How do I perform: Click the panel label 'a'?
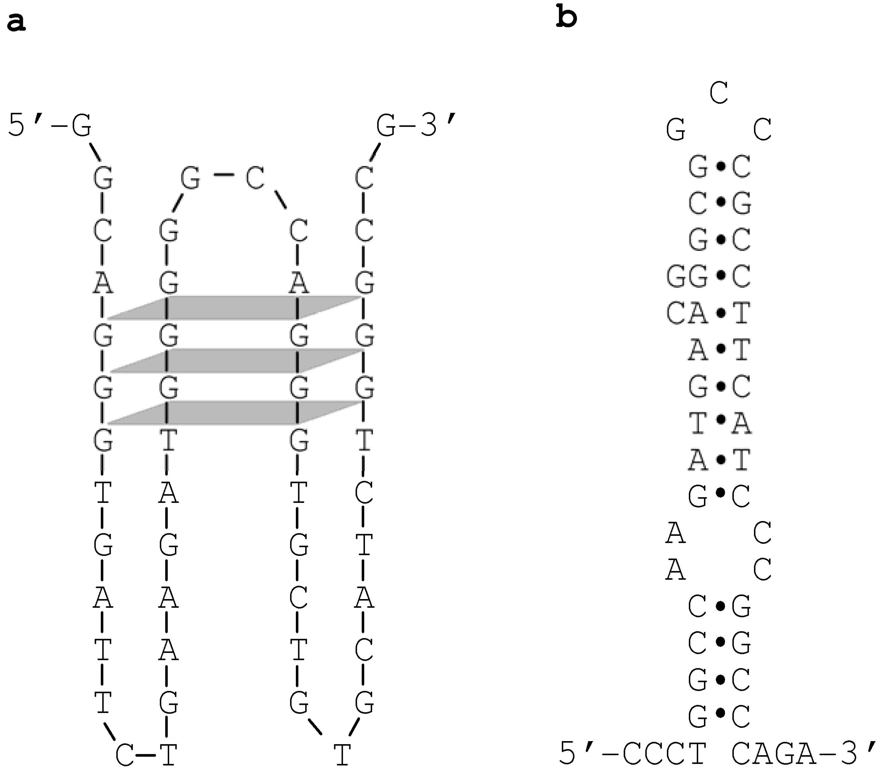[16, 23]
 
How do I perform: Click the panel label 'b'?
[567, 17]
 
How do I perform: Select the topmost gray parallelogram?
[234, 308]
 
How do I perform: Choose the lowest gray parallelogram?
[234, 412]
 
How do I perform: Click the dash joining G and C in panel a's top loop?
[224, 175]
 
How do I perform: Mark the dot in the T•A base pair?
[720, 420]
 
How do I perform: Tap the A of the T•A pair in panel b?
[741, 423]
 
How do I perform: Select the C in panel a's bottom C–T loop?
[125, 755]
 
